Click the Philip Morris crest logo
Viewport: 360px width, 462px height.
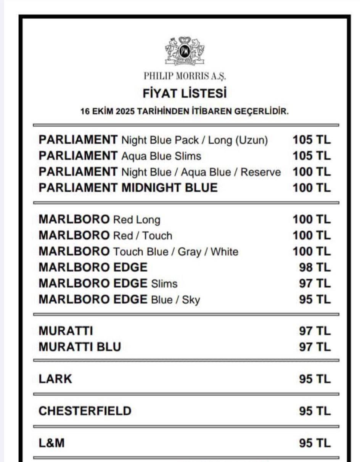pyautogui.click(x=185, y=51)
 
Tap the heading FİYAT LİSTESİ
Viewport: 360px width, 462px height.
pyautogui.click(x=185, y=93)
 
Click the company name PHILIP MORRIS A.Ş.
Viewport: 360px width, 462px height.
pyautogui.click(x=185, y=76)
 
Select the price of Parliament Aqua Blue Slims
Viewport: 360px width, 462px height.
pyautogui.click(x=312, y=156)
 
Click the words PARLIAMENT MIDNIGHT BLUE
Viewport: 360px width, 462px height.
pyautogui.click(x=128, y=188)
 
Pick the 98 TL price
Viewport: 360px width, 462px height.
pyautogui.click(x=315, y=267)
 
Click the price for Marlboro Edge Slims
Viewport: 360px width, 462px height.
pyautogui.click(x=315, y=283)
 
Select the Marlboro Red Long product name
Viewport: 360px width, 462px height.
pyautogui.click(x=100, y=220)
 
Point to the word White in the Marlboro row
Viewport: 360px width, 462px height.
pyautogui.click(x=224, y=252)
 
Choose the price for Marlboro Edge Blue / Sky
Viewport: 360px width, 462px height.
pyautogui.click(x=315, y=299)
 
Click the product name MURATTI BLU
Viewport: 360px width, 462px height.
pyautogui.click(x=80, y=347)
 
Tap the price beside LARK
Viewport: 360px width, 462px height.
pyautogui.click(x=315, y=379)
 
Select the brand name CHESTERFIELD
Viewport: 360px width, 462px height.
pyautogui.click(x=85, y=411)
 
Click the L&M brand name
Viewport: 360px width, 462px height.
pyautogui.click(x=51, y=443)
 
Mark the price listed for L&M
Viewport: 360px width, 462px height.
pyautogui.click(x=315, y=443)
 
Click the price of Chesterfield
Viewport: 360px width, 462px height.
pyautogui.click(x=315, y=411)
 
